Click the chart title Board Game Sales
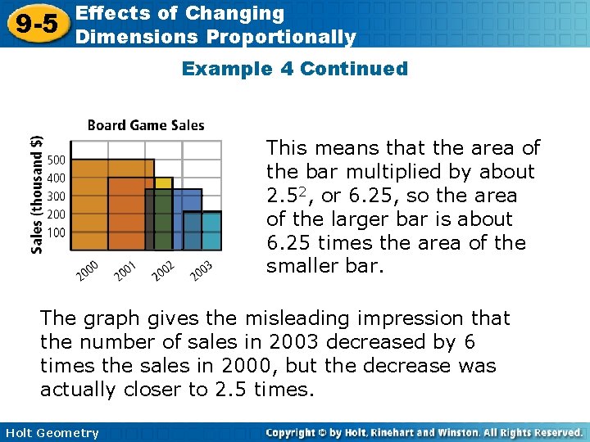click(146, 125)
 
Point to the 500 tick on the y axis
click(56, 159)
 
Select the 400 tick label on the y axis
click(56, 178)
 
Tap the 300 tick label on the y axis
click(56, 196)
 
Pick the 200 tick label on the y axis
click(56, 214)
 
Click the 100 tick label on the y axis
click(56, 232)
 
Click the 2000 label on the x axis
click(87, 271)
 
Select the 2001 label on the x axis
click(125, 271)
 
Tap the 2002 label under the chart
click(162, 271)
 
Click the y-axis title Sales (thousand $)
click(37, 195)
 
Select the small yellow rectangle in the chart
click(164, 183)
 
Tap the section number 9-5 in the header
click(34, 25)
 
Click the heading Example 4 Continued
click(294, 69)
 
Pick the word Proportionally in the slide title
click(281, 37)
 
